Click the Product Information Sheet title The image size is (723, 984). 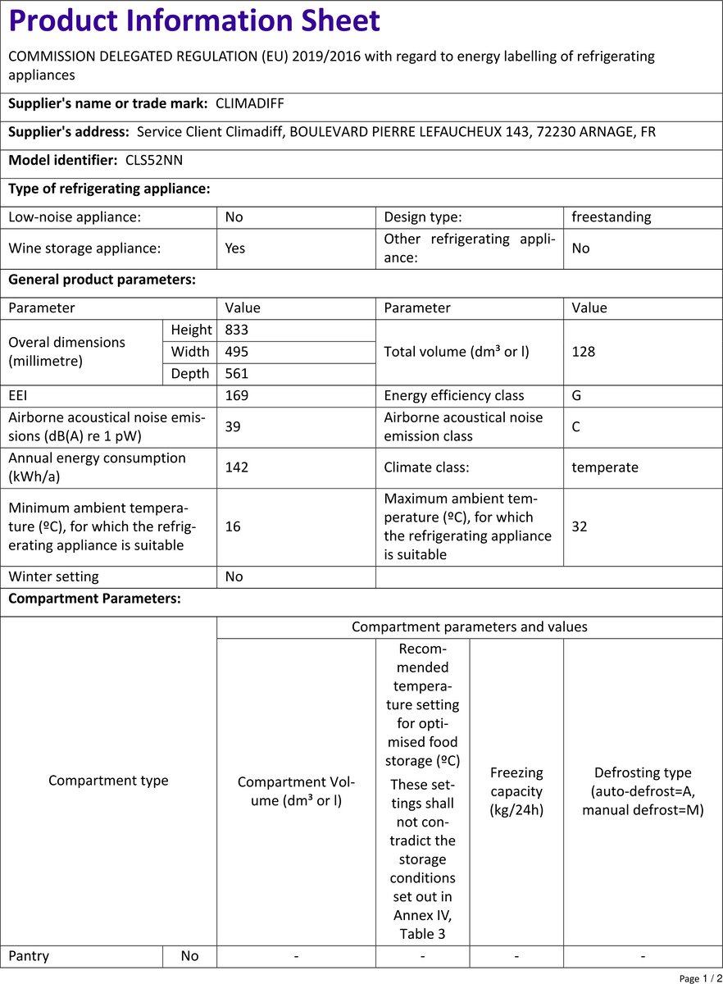[194, 20]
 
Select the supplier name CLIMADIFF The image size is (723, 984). [249, 104]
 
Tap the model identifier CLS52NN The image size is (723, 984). [154, 160]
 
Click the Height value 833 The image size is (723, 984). [236, 330]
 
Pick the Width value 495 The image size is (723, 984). [236, 352]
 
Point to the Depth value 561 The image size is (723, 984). [236, 374]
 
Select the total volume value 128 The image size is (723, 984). [583, 352]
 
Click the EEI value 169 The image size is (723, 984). [236, 395]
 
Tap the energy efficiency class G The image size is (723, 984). [577, 395]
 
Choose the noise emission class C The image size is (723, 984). [577, 426]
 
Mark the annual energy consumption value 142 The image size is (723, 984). [236, 467]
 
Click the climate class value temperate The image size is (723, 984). [605, 467]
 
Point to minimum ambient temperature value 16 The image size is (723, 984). [233, 526]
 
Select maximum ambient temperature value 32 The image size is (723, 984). [580, 526]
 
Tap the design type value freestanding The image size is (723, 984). [611, 217]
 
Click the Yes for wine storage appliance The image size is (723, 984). [234, 248]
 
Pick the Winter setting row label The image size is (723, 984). [53, 576]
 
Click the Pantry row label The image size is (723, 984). [29, 956]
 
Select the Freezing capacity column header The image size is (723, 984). [516, 791]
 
